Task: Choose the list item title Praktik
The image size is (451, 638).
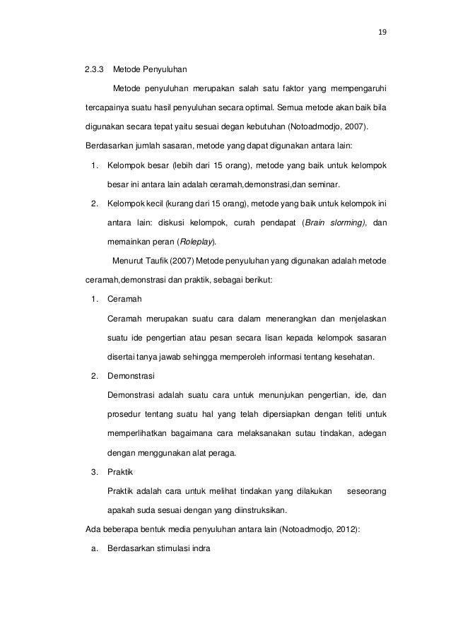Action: [119, 471]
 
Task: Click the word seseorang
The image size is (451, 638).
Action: [365, 490]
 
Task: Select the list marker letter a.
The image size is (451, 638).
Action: [94, 546]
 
